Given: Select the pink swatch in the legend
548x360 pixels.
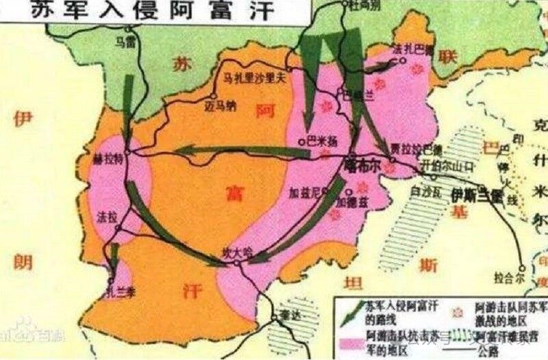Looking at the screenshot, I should tap(350, 339).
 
